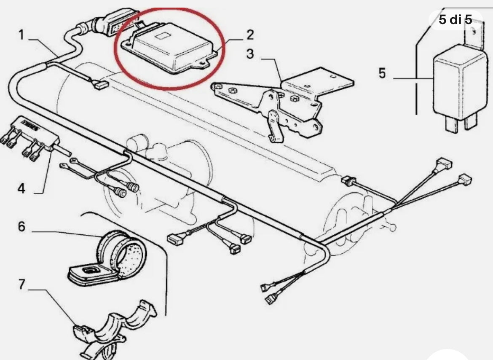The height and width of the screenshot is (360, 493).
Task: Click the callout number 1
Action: pos(21,35)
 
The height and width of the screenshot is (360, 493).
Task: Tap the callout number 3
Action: pos(250,55)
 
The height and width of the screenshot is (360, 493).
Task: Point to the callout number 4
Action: pos(21,188)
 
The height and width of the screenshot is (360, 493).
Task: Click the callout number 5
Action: pos(382,73)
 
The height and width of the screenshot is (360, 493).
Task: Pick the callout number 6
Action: pos(21,227)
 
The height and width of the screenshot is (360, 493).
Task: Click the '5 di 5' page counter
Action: pos(455,19)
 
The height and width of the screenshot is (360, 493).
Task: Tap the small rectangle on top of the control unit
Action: pos(161,37)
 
